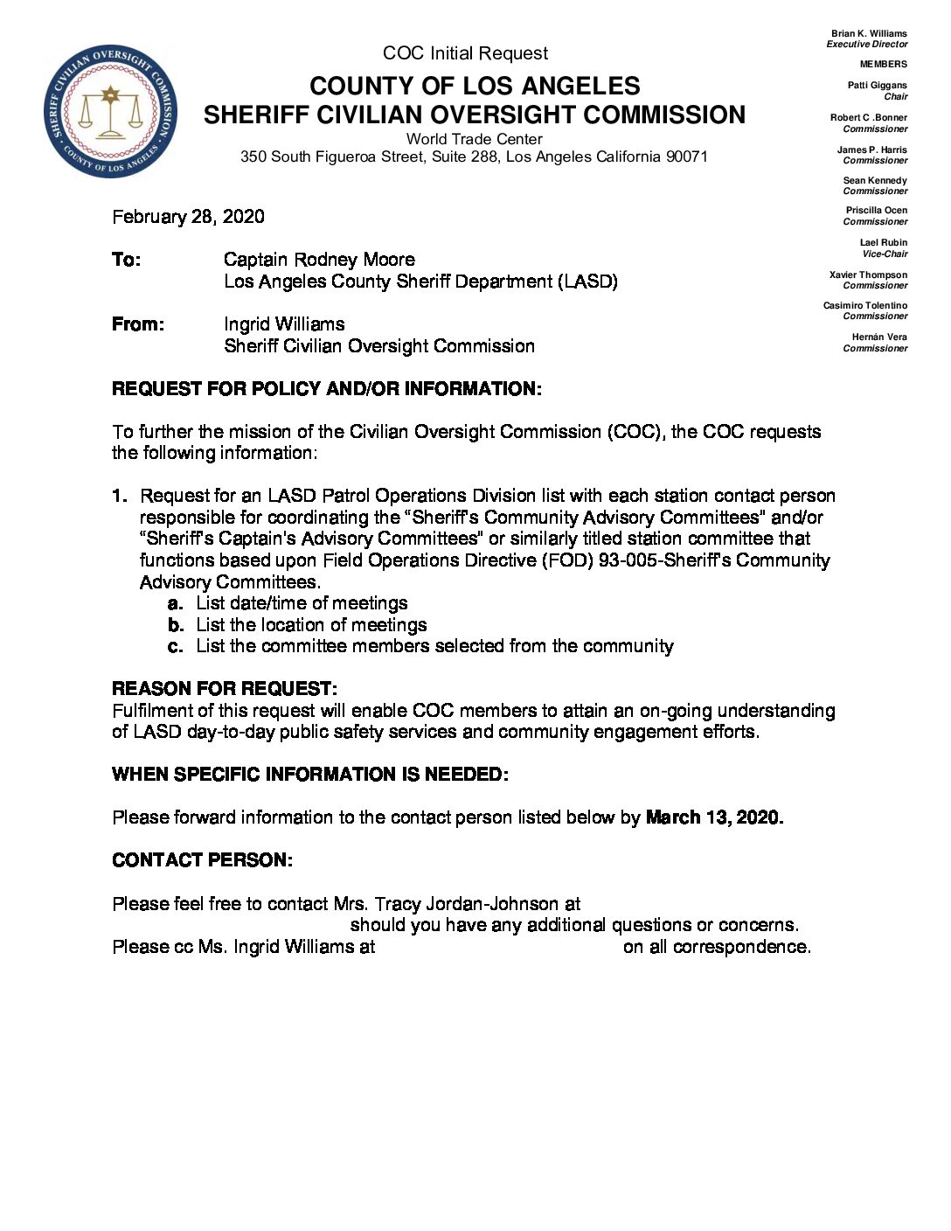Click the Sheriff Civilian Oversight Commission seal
pos(110,111)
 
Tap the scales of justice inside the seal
pos(110,113)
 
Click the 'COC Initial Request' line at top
pos(465,53)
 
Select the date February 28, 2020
pos(188,217)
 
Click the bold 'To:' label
pos(126,260)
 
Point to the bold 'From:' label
pos(137,324)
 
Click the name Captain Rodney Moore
pos(319,260)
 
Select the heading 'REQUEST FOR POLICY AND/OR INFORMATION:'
pos(326,389)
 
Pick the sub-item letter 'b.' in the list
pos(176,625)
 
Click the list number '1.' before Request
pos(120,497)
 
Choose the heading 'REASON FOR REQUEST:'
pos(224,689)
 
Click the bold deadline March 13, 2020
pos(713,817)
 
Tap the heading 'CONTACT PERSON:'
pos(202,860)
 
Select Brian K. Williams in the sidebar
pos(869,34)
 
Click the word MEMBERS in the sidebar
pos(883,64)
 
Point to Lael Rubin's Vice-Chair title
pos(885,254)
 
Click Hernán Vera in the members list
pos(879,337)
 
